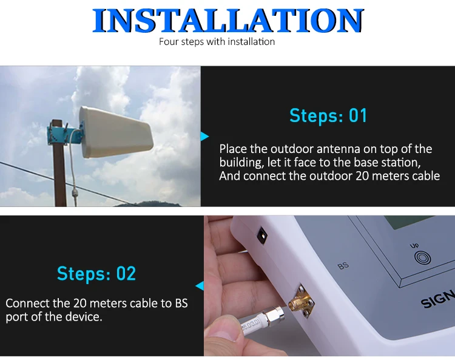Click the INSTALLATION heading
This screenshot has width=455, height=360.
[227, 21]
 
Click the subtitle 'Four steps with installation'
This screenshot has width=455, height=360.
[217, 42]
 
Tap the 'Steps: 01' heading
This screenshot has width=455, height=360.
[328, 115]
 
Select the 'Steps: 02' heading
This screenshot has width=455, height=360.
[96, 273]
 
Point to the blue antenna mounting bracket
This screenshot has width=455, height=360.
[61, 133]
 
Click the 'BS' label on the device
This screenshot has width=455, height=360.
[343, 265]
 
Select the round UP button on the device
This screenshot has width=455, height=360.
[421, 257]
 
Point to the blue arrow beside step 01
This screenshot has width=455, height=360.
[205, 137]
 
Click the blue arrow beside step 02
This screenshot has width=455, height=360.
[200, 285]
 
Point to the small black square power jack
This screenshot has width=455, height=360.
[263, 233]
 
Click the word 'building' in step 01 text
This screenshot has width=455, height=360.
[242, 163]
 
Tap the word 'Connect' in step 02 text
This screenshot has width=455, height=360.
[26, 303]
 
